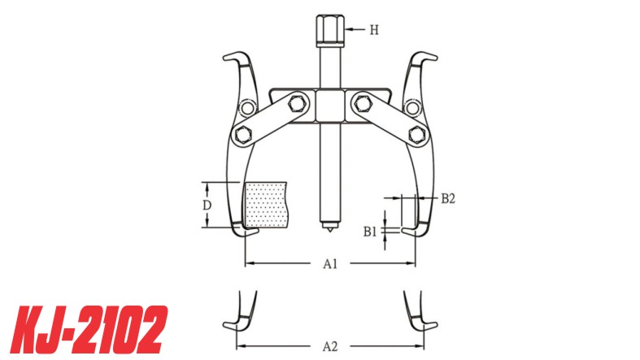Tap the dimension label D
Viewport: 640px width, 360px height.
coord(207,205)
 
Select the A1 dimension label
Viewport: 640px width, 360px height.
coord(330,263)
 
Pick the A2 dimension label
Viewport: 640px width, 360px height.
coord(330,346)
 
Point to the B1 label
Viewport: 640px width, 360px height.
coord(371,231)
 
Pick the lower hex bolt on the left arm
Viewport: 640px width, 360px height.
coord(242,133)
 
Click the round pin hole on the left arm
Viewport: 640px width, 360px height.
coord(245,108)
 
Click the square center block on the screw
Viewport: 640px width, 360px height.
coord(330,104)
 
